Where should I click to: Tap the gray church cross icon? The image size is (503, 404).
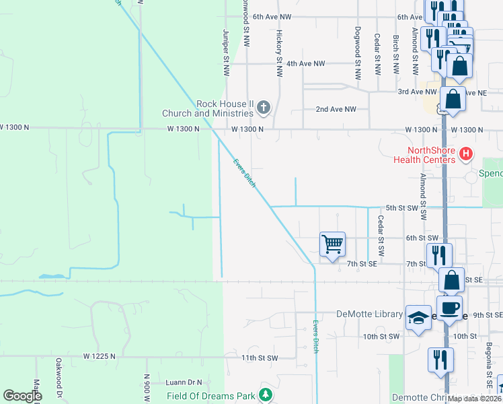[264, 106]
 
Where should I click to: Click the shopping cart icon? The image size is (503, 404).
[333, 244]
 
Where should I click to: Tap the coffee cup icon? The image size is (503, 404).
[450, 308]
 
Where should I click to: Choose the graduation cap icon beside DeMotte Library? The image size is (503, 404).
[418, 318]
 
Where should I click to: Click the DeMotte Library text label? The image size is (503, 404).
[369, 314]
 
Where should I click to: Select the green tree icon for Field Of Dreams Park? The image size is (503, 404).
[266, 395]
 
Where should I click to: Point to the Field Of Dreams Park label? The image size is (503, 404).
[211, 396]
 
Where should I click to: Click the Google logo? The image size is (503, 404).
[22, 396]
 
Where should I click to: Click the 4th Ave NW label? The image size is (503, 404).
[305, 63]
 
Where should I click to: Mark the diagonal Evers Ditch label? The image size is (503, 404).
[245, 173]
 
